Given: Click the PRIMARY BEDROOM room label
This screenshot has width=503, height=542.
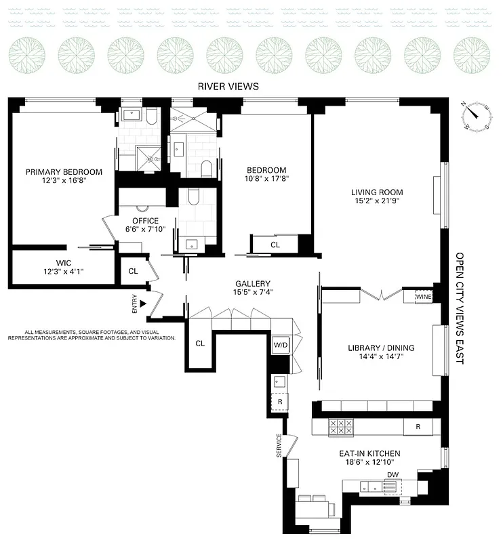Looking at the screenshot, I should click(x=64, y=171).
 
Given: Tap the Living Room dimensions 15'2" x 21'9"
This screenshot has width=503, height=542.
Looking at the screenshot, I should click(x=378, y=200).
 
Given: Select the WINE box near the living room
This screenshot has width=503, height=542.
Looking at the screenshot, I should click(x=423, y=297).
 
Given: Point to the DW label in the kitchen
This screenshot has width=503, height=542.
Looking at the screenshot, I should click(x=393, y=474).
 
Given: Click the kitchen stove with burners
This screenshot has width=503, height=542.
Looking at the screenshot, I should click(x=341, y=427).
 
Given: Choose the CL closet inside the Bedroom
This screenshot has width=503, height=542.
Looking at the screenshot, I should click(x=275, y=245).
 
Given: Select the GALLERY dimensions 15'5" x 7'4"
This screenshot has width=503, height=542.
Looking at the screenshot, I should click(x=253, y=293).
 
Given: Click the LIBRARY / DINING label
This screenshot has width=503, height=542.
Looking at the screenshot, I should click(x=380, y=348).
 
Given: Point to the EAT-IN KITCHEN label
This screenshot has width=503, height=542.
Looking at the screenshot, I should click(x=369, y=453).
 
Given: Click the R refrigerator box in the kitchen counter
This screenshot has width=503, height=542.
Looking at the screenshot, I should click(x=418, y=427).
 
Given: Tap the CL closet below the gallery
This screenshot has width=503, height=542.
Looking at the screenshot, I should click(x=200, y=343).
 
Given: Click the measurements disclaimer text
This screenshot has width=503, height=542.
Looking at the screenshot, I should click(x=92, y=335).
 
